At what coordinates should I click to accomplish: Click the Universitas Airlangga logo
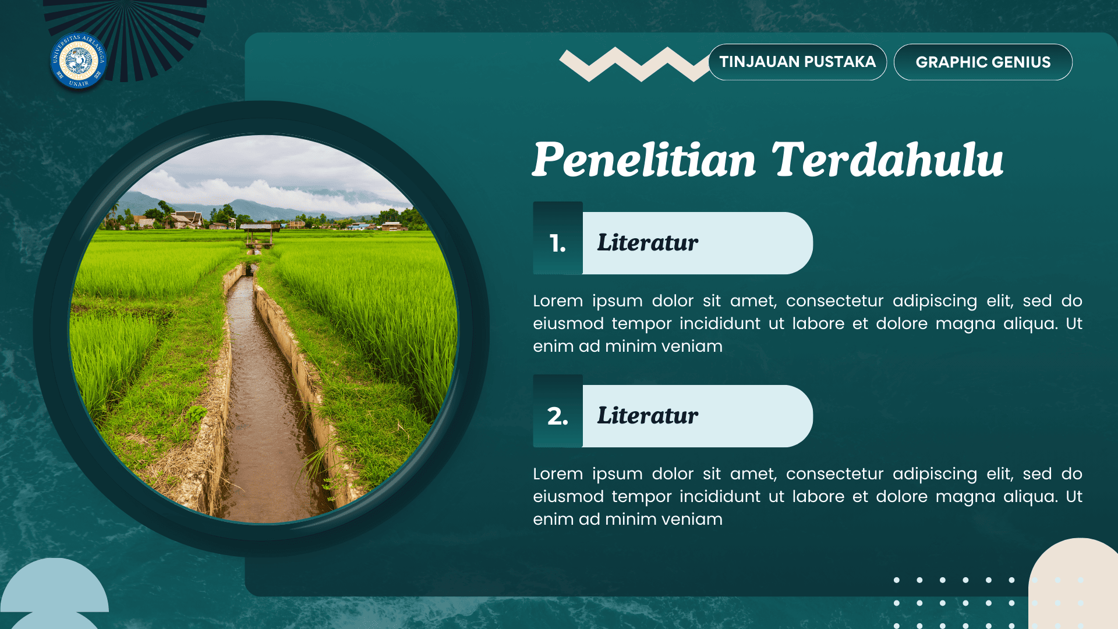pos(78,61)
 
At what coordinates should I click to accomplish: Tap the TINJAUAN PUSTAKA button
pos(797,62)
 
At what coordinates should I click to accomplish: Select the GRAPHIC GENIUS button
pos(983,62)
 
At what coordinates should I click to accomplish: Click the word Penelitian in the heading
pos(644,160)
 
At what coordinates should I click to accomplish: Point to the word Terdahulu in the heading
pos(887,160)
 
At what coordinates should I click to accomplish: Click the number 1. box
pos(557,243)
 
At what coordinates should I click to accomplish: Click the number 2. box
pos(557,416)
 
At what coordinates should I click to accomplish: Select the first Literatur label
pos(648,243)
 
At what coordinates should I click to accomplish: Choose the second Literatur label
pos(648,416)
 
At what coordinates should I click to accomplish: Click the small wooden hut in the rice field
pos(260,231)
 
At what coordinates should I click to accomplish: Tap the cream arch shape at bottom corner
pos(1077,582)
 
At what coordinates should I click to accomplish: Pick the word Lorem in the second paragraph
pos(557,474)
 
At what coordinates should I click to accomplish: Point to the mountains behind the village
pos(245,207)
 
